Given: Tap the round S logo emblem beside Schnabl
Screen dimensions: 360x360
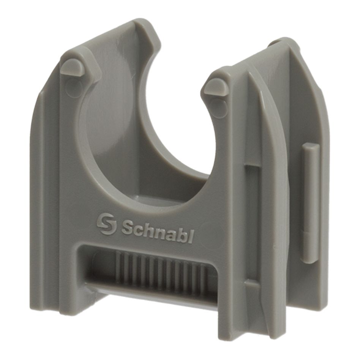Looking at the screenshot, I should coord(106,224).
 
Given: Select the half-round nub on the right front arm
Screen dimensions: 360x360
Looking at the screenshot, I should coord(215,87).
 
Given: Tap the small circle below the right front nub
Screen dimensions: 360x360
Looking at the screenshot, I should coord(218,107).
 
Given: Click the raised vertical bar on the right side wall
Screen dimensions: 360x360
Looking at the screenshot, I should coord(311,203).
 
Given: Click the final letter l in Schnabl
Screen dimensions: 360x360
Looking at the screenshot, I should coord(192,236).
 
